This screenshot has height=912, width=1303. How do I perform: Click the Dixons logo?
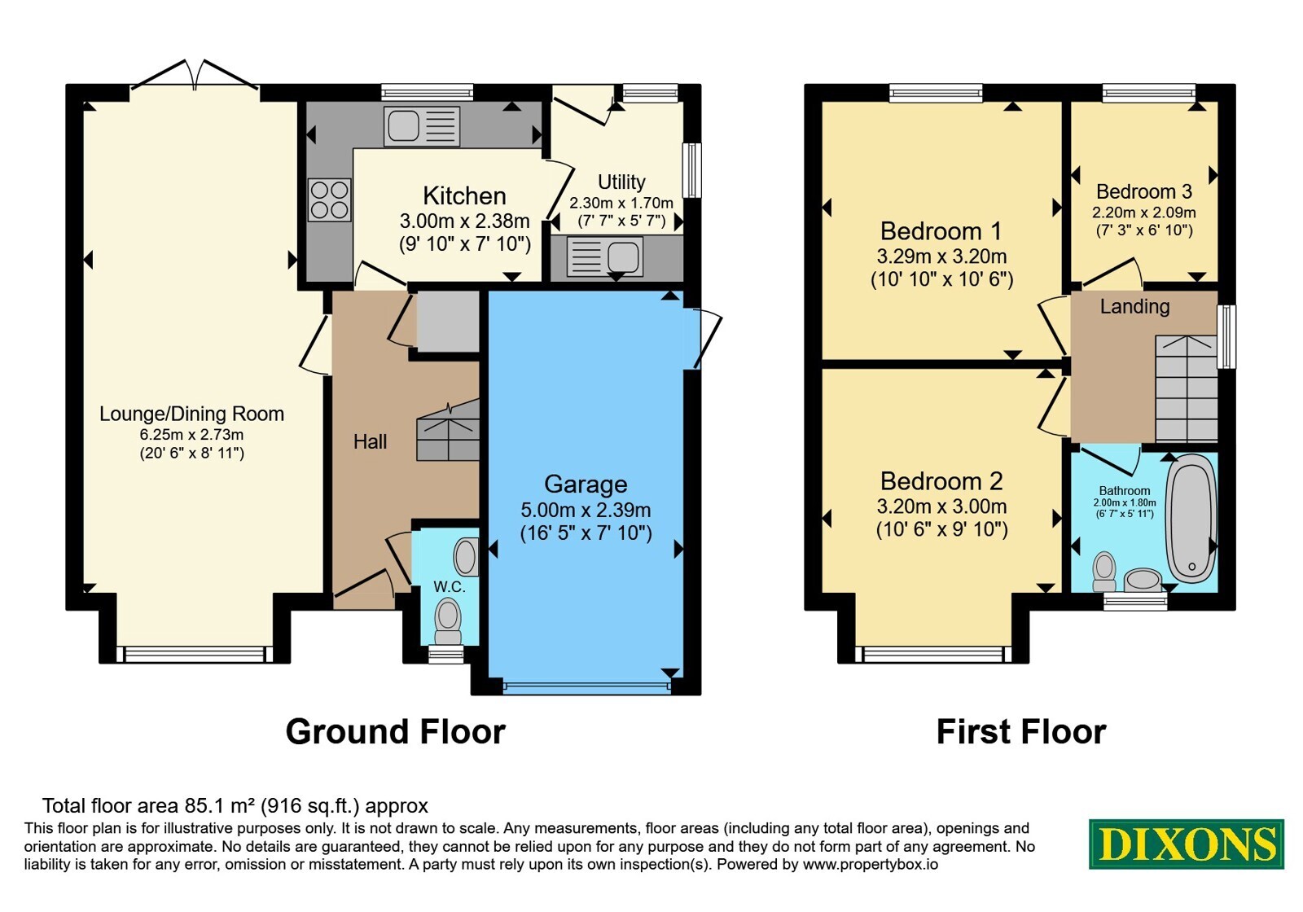click(1186, 844)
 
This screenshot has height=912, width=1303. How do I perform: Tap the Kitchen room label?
click(464, 196)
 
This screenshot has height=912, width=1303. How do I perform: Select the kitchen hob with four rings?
click(330, 200)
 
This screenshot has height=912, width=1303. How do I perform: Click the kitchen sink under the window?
click(422, 126)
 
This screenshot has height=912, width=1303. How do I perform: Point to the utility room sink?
click(605, 256)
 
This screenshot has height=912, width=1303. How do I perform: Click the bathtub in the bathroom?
click(1191, 518)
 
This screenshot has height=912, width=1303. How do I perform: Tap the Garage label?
click(586, 484)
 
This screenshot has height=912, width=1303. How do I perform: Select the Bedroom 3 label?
click(1143, 191)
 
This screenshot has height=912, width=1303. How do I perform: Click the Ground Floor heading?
click(395, 732)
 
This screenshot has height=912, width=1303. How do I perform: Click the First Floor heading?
click(1021, 732)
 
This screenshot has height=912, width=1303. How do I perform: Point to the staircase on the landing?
click(1186, 388)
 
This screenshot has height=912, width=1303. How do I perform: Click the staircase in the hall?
click(448, 431)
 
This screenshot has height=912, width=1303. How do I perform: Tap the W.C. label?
click(449, 587)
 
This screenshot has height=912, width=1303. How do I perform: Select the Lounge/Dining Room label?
click(191, 414)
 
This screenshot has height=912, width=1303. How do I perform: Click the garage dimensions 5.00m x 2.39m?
click(586, 510)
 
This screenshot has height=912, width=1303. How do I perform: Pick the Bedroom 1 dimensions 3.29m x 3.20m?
click(941, 256)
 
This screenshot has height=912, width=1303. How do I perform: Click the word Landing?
click(1134, 306)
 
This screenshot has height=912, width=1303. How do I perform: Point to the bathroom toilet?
click(1104, 572)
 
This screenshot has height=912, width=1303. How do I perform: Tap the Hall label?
click(370, 441)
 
